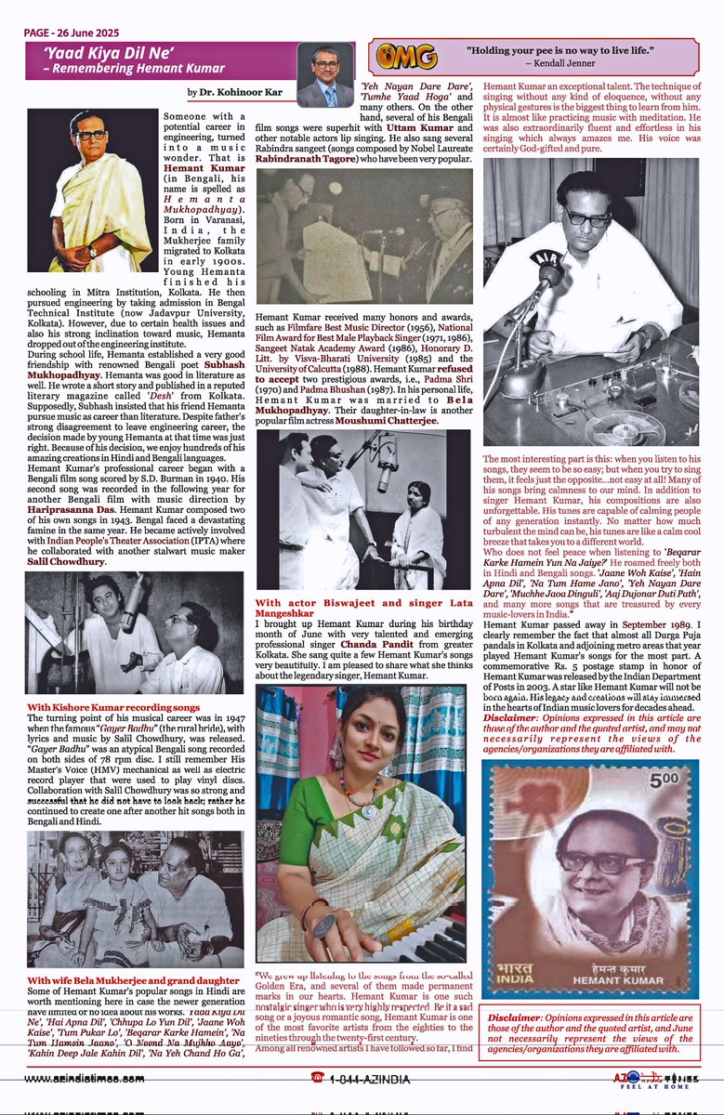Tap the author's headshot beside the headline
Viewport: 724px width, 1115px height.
point(324,74)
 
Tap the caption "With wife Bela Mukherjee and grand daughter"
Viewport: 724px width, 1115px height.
point(133,979)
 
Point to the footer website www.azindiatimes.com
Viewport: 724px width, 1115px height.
point(84,1078)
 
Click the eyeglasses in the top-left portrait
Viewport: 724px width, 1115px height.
point(91,135)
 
